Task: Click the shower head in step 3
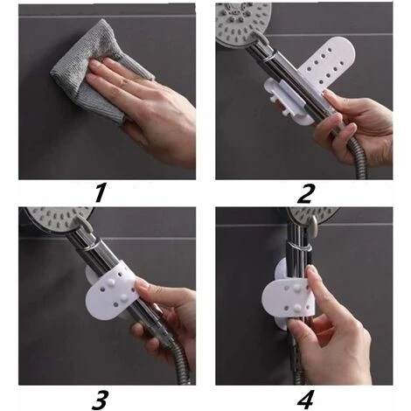click(x=48, y=219)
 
